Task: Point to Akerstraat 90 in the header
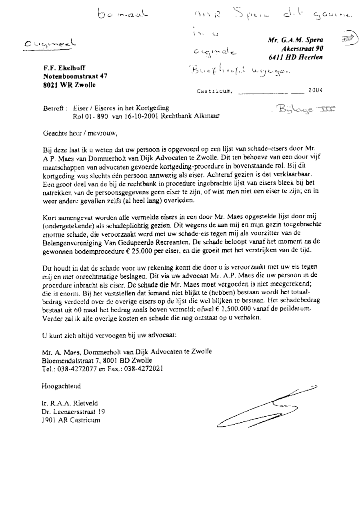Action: (302, 48)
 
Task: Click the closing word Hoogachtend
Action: (61, 386)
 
